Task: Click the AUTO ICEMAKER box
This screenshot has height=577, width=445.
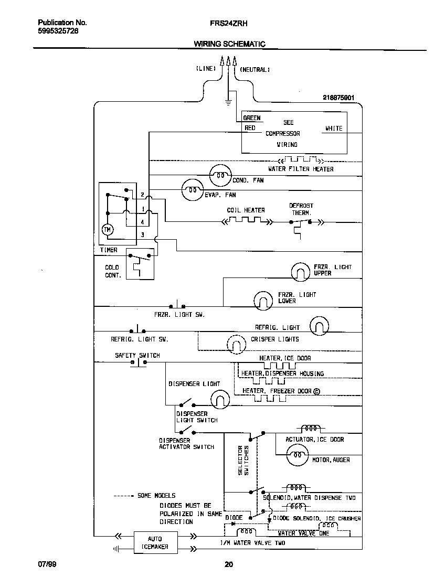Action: (x=155, y=542)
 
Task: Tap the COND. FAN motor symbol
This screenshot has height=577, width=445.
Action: (x=220, y=176)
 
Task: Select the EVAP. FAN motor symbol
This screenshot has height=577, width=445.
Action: (x=192, y=190)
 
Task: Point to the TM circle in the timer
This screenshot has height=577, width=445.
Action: (x=108, y=230)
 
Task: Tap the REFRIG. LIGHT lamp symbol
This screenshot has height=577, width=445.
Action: (x=319, y=326)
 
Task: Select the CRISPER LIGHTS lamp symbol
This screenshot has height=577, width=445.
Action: (x=236, y=344)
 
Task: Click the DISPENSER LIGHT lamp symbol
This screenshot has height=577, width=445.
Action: (x=220, y=401)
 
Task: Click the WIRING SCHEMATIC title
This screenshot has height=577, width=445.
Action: (x=229, y=44)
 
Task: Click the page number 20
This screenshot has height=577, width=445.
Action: (x=228, y=564)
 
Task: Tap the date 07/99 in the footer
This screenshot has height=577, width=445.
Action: (x=47, y=564)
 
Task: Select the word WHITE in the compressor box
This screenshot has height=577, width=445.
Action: (x=333, y=129)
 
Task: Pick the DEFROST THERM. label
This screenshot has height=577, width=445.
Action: (x=301, y=209)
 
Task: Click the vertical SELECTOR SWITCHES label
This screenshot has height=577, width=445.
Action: (x=244, y=460)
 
